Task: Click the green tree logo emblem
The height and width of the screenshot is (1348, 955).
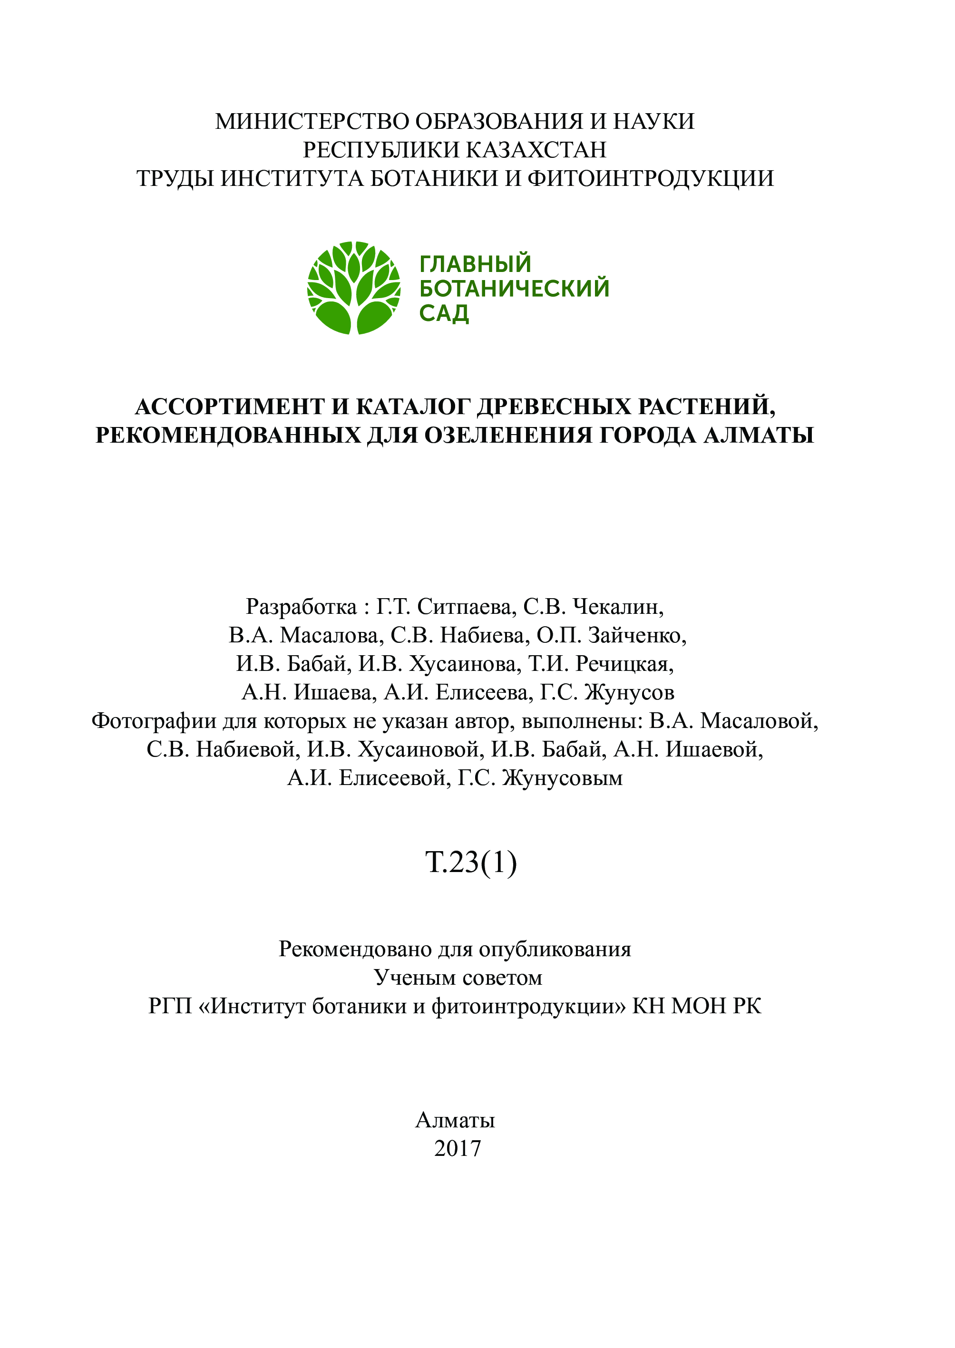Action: tap(354, 288)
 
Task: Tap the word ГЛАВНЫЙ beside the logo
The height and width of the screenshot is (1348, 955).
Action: tap(475, 264)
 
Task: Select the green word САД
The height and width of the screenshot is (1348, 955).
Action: tap(444, 313)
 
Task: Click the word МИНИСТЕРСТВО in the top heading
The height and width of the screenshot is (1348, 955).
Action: tap(312, 122)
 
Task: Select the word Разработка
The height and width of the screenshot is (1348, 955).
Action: tap(301, 607)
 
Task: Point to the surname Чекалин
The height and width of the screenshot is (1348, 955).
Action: tap(618, 607)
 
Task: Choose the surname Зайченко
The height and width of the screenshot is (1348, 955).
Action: tap(637, 636)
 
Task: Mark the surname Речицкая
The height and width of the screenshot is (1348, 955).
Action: tap(624, 664)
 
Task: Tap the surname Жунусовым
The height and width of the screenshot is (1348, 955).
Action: tap(563, 778)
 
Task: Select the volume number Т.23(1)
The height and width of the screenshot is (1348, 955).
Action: tap(471, 863)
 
